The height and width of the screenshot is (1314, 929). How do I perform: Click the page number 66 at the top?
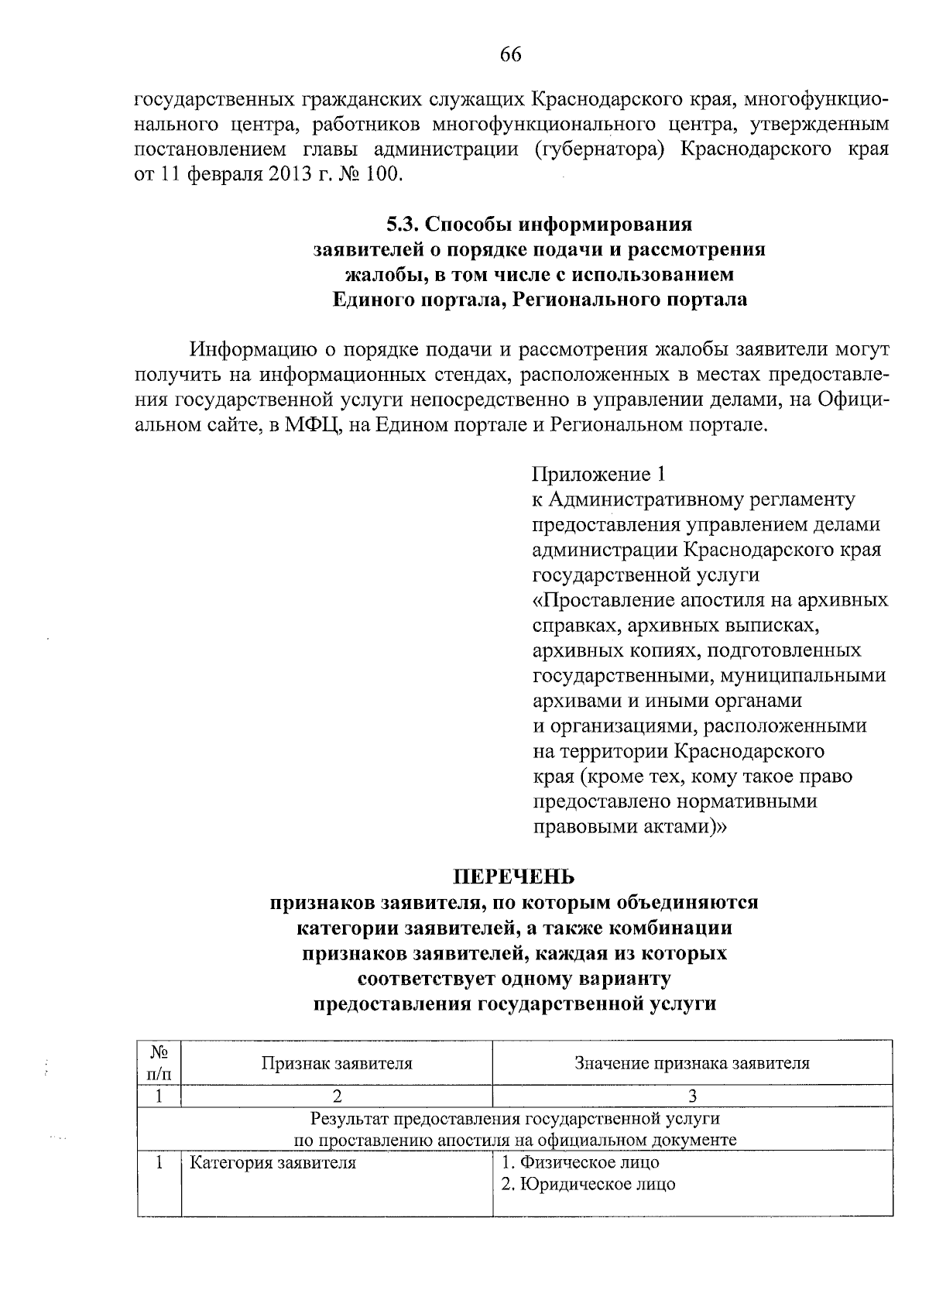pos(511,54)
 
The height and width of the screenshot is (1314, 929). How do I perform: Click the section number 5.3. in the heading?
pos(403,225)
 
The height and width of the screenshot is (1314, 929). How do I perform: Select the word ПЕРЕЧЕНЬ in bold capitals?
pos(514,877)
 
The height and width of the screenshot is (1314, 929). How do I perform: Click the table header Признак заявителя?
pos(337,1063)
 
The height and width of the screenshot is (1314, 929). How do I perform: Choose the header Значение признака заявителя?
pos(692,1063)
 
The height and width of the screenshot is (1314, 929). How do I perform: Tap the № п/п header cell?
pos(159,1063)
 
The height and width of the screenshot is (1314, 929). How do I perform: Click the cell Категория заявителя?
pos(273,1162)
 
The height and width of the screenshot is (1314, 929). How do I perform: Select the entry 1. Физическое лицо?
pos(580,1162)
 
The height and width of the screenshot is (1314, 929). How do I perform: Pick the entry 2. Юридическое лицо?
pos(588,1184)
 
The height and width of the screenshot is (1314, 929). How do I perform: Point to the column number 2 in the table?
pos(337,1096)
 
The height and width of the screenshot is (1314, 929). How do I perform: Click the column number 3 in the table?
pos(692,1096)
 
